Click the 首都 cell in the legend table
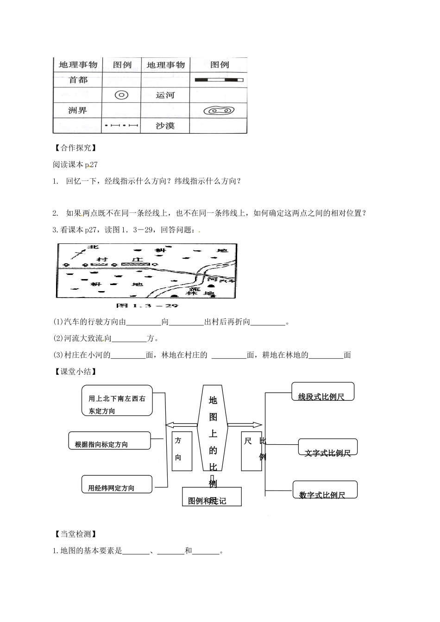tap(78, 80)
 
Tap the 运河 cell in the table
tap(165, 95)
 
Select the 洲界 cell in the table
tap(77, 111)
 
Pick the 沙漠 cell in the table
tap(165, 125)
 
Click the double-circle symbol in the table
tap(121, 95)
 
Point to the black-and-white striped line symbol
tap(219, 80)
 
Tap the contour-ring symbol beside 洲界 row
tap(219, 111)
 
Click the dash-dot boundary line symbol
tap(121, 125)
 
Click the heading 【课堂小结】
tap(74, 371)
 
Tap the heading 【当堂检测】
tap(74, 534)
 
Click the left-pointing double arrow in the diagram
tap(182, 425)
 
